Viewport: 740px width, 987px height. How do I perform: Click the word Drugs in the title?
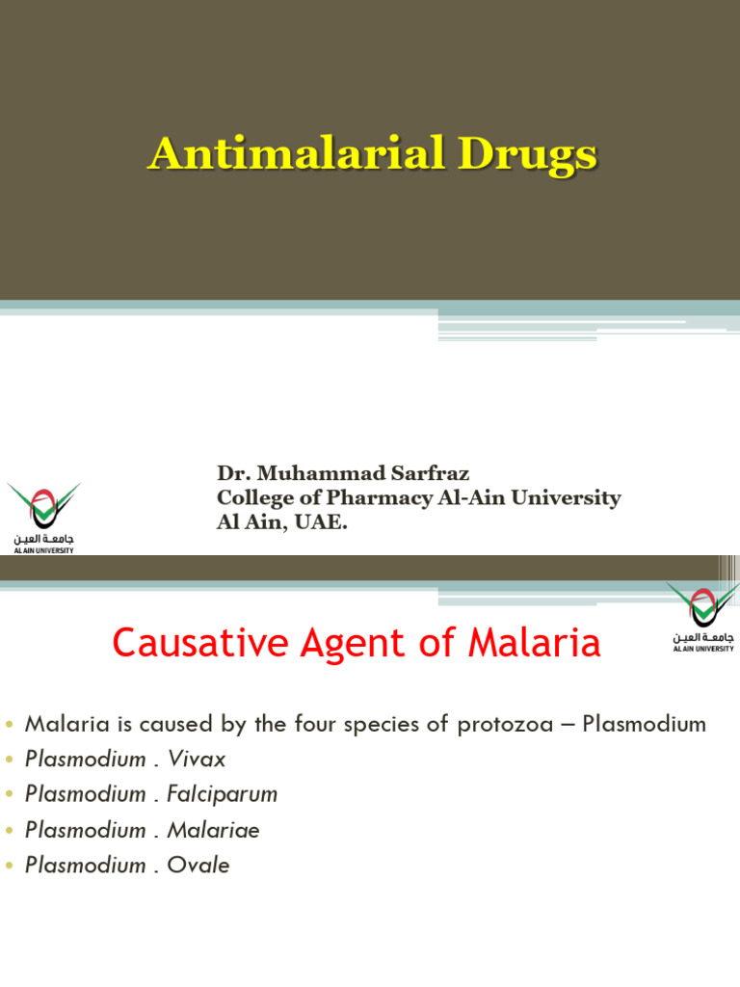535,154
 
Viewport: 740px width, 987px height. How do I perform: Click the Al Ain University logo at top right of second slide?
703,616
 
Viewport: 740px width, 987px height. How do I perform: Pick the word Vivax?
197,760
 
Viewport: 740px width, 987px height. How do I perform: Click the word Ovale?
198,866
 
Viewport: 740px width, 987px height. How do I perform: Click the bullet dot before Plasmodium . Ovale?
11,867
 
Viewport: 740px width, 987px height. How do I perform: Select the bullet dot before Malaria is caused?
11,725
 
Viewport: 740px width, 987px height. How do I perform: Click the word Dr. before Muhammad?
230,473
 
